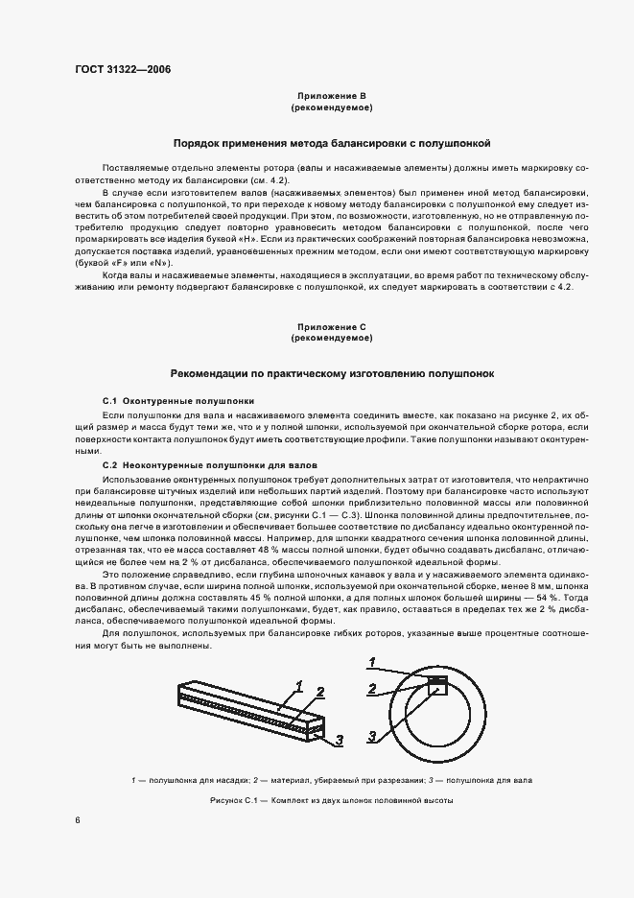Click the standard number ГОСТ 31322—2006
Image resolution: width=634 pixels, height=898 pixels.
click(x=116, y=69)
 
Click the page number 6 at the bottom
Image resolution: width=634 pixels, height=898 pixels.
click(x=78, y=820)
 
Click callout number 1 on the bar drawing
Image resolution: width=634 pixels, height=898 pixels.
click(x=299, y=685)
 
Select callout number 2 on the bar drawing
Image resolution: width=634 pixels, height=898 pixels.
click(x=320, y=691)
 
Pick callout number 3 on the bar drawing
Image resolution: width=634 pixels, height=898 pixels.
click(x=339, y=740)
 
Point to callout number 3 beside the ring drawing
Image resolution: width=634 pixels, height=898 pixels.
click(x=371, y=737)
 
